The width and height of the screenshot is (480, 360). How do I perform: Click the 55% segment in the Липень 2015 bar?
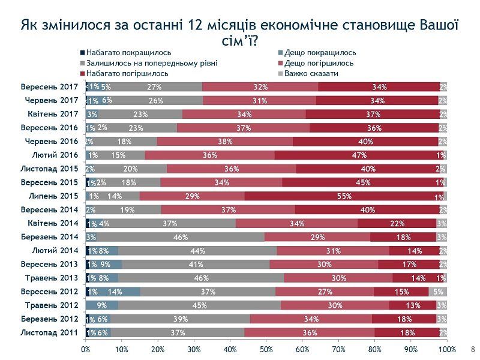(344, 196)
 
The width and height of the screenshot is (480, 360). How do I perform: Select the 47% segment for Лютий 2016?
(359, 155)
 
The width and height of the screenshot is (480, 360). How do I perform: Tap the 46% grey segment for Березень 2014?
(178, 237)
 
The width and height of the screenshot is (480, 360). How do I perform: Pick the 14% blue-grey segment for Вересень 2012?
(116, 292)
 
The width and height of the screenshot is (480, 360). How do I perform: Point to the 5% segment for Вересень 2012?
(438, 292)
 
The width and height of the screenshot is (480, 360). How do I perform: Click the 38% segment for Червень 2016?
(225, 141)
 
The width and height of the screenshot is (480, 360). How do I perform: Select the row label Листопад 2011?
(49, 332)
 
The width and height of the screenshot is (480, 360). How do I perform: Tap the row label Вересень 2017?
(49, 86)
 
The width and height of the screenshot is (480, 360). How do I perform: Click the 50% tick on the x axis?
(266, 349)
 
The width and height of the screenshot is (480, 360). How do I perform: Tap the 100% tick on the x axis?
(446, 349)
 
